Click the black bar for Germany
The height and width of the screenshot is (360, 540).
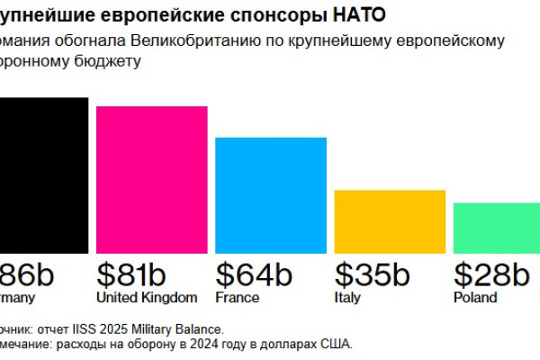[x=43, y=175]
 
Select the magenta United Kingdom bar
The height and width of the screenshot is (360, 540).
[x=151, y=179]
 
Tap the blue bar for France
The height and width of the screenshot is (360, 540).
[x=270, y=194]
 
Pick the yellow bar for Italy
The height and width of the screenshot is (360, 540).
[x=390, y=221]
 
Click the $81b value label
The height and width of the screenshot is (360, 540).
[x=131, y=274]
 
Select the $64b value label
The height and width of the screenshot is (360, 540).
[x=254, y=274]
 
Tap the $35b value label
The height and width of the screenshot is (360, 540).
[x=372, y=274]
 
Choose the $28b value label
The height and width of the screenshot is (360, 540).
[x=490, y=274]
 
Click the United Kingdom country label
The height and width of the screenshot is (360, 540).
[x=146, y=298]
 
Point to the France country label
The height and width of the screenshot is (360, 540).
[x=238, y=298]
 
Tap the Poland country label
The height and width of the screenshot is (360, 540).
[x=474, y=298]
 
